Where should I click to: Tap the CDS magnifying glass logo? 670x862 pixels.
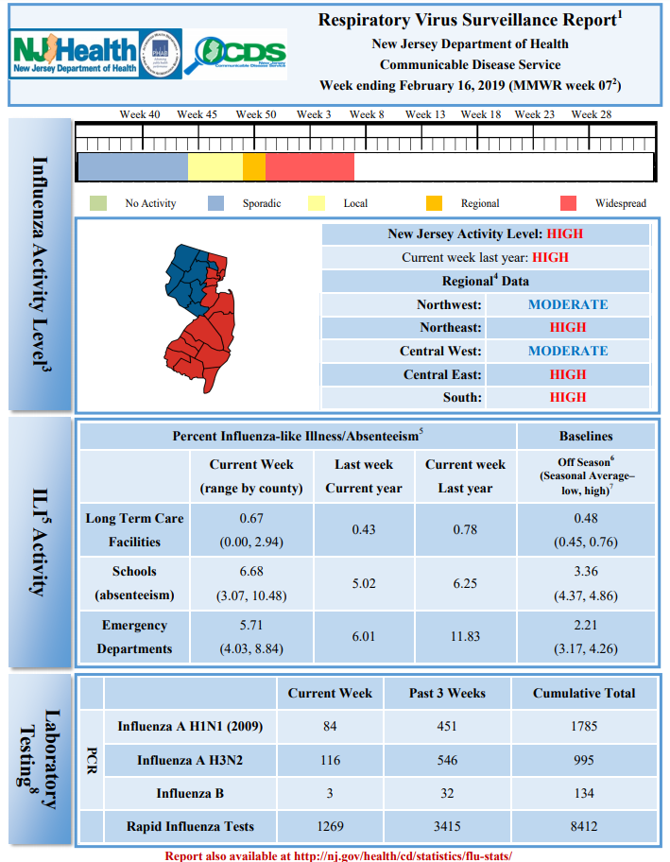click(234, 54)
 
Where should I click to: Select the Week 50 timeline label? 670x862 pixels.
click(255, 114)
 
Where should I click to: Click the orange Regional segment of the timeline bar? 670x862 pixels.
click(254, 166)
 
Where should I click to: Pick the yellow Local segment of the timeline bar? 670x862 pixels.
click(215, 166)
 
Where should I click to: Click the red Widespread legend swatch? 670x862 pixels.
click(568, 203)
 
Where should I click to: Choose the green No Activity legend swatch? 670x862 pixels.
click(98, 203)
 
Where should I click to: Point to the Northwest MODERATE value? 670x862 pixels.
click(568, 304)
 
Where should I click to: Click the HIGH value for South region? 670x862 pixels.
click(568, 398)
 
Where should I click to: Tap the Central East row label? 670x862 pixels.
click(442, 374)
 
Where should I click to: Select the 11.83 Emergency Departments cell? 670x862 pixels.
click(465, 637)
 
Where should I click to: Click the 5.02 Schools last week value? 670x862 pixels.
click(364, 583)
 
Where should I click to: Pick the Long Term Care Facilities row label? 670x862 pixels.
click(134, 530)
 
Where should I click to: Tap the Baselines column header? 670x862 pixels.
click(586, 436)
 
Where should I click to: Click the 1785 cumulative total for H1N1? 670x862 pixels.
click(584, 726)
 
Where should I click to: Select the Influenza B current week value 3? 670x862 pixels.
click(330, 793)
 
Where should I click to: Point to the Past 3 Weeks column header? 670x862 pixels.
click(447, 693)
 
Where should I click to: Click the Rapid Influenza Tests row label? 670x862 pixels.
click(190, 826)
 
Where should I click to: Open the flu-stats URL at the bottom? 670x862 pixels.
click(403, 855)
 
